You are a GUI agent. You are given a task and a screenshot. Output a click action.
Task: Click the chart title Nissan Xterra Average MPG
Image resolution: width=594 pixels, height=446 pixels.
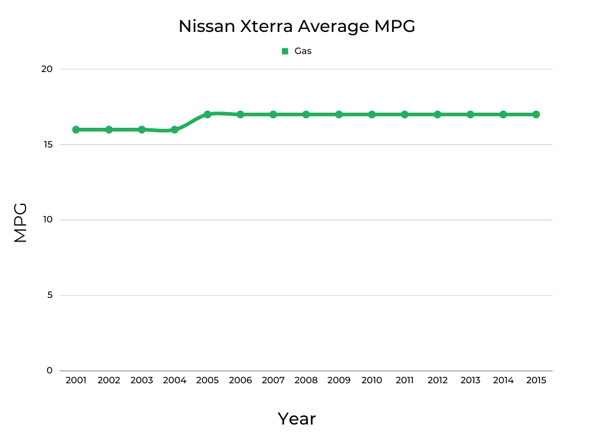click(296, 26)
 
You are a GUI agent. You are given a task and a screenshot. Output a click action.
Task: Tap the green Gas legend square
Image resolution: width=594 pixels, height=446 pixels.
click(285, 51)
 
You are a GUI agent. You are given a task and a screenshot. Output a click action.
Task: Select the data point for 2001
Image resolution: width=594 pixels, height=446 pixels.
click(76, 130)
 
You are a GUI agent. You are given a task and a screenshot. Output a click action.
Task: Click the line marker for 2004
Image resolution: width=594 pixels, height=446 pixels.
click(175, 130)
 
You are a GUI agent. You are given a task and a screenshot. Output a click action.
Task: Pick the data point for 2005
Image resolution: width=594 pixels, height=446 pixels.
click(207, 114)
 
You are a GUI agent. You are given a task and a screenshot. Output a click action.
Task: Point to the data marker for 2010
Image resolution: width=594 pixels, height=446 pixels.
click(372, 114)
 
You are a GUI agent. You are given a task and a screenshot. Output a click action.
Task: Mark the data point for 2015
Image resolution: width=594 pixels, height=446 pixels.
click(536, 114)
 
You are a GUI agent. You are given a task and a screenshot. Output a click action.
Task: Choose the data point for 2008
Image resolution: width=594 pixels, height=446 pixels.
click(306, 114)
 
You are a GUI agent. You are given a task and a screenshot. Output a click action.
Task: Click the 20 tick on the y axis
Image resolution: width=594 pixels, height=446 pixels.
click(46, 69)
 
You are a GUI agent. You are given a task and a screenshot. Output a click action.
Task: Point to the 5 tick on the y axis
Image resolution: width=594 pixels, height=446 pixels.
click(49, 295)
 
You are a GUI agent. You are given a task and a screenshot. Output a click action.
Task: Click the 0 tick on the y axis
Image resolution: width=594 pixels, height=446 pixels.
click(49, 371)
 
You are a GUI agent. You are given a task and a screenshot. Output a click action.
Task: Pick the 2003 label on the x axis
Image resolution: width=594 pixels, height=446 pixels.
click(142, 380)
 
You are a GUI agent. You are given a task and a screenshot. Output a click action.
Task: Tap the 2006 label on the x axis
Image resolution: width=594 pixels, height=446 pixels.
click(240, 380)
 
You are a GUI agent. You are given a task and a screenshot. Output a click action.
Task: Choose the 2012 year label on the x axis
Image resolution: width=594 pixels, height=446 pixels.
click(437, 380)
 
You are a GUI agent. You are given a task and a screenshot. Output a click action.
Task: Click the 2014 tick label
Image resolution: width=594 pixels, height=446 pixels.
click(503, 380)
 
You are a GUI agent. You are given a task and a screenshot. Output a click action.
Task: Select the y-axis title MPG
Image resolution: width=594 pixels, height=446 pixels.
click(20, 222)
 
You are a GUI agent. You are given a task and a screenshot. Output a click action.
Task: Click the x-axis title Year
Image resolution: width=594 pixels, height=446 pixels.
click(296, 419)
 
